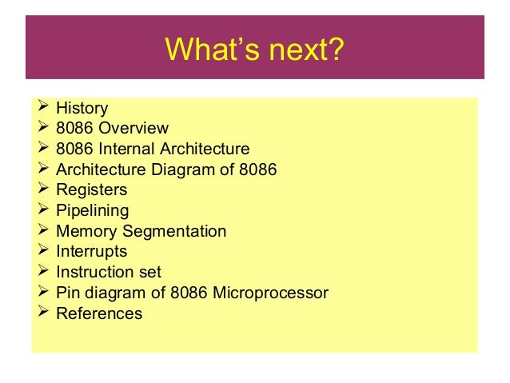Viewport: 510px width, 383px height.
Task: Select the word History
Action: [x=82, y=108]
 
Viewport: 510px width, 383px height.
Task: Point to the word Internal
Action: [x=126, y=149]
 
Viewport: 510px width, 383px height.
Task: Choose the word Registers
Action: [x=92, y=190]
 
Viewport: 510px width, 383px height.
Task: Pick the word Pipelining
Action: [x=93, y=211]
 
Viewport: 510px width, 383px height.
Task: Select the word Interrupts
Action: [x=92, y=252]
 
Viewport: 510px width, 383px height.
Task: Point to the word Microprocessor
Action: [x=271, y=293]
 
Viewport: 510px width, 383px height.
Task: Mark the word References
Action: [x=99, y=314]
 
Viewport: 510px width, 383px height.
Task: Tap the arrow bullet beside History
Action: [x=43, y=107]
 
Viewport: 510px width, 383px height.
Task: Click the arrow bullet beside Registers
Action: [x=43, y=190]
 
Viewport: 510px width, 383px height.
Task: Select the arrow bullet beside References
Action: [x=43, y=313]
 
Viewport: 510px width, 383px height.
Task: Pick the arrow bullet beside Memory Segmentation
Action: [x=43, y=231]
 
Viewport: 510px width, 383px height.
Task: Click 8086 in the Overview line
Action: [x=74, y=128]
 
